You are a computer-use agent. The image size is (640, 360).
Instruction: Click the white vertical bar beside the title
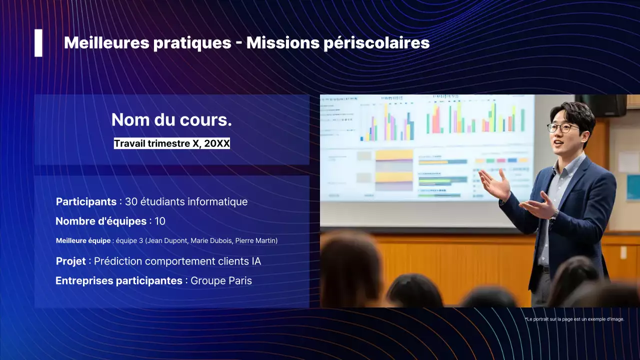point(38,43)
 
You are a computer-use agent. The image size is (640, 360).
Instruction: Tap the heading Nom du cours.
point(171,120)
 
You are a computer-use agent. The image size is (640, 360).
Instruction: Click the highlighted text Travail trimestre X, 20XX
point(171,143)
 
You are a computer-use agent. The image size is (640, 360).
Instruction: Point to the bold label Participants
point(86,202)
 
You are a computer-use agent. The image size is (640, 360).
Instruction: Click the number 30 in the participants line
point(131,202)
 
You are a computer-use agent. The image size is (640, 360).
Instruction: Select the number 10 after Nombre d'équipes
point(160,221)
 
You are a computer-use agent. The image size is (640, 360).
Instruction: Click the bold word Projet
point(70,261)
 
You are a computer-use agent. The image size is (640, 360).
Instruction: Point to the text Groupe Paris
point(221,281)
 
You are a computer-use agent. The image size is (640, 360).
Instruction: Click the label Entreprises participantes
point(118,281)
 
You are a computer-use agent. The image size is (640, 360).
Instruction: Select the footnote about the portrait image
point(574,319)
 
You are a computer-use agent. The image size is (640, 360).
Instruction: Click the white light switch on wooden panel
point(623,252)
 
